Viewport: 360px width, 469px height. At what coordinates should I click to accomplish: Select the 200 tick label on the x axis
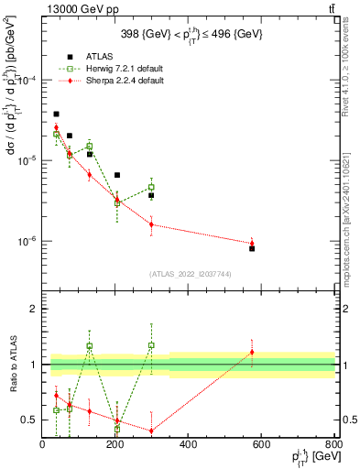click(x=115, y=447)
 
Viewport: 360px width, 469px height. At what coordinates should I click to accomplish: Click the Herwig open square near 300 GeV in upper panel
click(x=151, y=187)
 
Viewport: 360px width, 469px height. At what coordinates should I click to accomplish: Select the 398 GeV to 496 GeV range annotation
click(x=188, y=35)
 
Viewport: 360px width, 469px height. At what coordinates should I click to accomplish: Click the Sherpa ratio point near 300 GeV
click(x=151, y=431)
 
